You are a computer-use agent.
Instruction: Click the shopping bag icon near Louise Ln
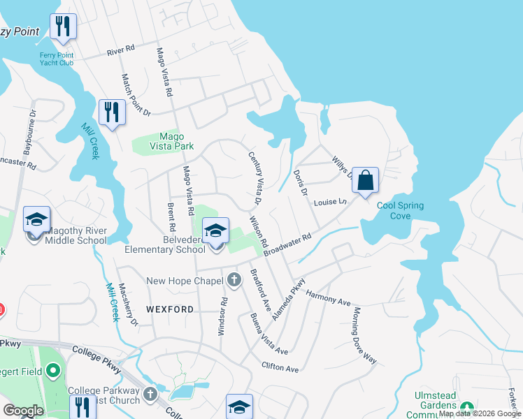365,180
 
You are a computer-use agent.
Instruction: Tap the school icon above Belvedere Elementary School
216,230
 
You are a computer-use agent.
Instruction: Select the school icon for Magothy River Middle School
36,220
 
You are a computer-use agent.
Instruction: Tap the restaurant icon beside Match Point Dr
112,112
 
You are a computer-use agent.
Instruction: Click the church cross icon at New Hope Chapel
234,281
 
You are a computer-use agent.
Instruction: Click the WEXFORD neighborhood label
170,309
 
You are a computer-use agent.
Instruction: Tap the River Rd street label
120,52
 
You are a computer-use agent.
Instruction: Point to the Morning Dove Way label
365,335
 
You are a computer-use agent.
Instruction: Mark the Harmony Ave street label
327,300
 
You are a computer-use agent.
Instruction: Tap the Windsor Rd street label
222,316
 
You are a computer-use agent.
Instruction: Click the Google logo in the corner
23,411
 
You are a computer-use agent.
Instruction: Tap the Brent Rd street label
171,218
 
